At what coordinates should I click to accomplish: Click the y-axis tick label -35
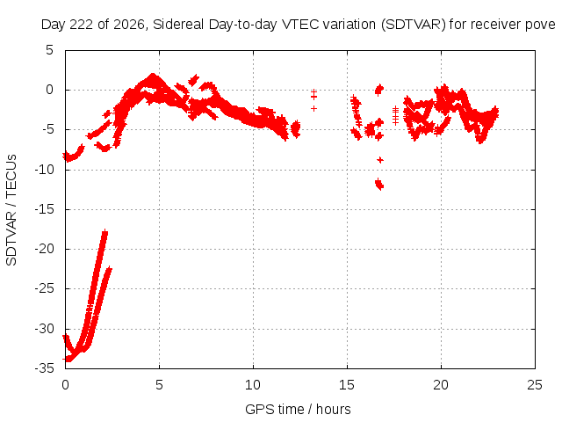[45, 367]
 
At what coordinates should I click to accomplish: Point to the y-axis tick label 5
[49, 50]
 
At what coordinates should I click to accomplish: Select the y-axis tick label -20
[45, 249]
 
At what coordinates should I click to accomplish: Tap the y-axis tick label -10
[45, 169]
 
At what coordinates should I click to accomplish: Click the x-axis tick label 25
[535, 385]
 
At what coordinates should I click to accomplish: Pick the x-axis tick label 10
[253, 385]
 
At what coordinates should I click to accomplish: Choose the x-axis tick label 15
[347, 385]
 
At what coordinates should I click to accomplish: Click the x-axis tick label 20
[441, 385]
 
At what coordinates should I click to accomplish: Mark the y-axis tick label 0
[49, 90]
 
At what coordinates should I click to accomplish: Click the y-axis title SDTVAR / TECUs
[11, 210]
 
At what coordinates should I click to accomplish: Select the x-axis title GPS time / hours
[298, 409]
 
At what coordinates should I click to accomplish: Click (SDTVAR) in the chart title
[414, 25]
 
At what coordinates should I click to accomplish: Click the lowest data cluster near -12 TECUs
[379, 185]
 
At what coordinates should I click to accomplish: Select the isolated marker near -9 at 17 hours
[380, 160]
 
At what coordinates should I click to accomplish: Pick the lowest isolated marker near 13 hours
[314, 108]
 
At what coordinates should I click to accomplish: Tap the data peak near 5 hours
[153, 76]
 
